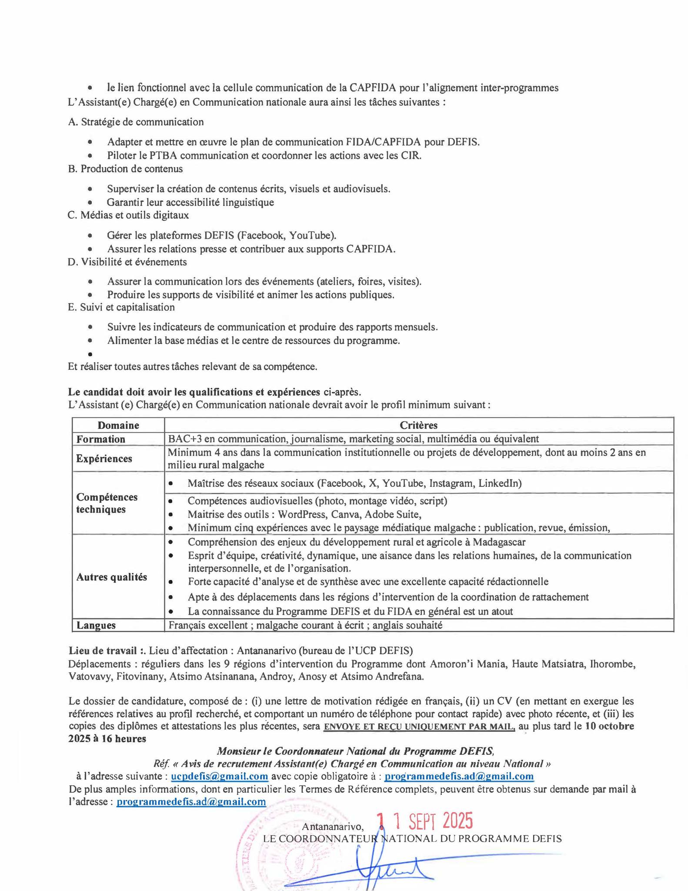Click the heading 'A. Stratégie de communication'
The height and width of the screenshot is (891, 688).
(x=136, y=122)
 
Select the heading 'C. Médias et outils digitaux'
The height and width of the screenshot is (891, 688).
(x=128, y=215)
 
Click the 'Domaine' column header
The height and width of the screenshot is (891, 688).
(x=118, y=425)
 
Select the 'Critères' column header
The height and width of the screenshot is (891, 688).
(x=418, y=425)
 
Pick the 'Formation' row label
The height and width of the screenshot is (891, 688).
(x=101, y=439)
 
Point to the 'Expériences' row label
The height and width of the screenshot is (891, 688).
(x=104, y=459)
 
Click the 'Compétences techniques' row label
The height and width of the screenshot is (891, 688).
(x=107, y=503)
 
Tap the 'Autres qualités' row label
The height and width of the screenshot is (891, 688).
(x=112, y=577)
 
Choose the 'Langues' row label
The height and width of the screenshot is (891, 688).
(x=96, y=625)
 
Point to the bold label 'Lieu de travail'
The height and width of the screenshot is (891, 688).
(x=102, y=651)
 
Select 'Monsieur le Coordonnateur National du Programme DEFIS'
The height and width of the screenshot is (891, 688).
(x=355, y=751)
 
